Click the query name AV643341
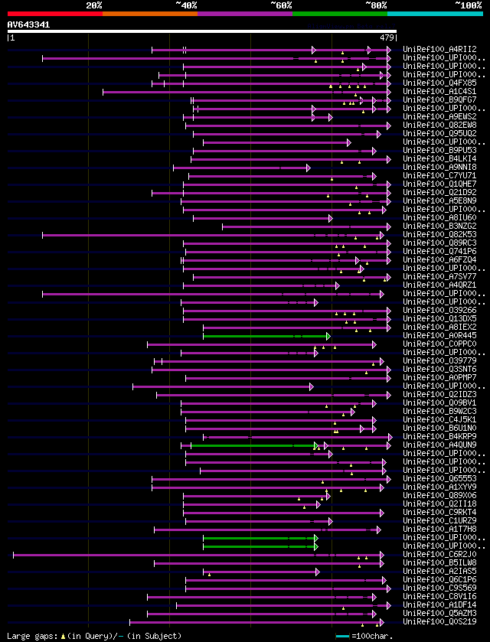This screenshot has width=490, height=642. (x=29, y=24)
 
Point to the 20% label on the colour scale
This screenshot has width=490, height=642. (x=94, y=5)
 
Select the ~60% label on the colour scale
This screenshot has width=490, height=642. (x=281, y=5)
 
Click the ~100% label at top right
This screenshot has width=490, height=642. (x=468, y=5)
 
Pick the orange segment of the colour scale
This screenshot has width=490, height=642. (x=149, y=13)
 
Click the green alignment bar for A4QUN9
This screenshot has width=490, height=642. (x=253, y=445)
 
